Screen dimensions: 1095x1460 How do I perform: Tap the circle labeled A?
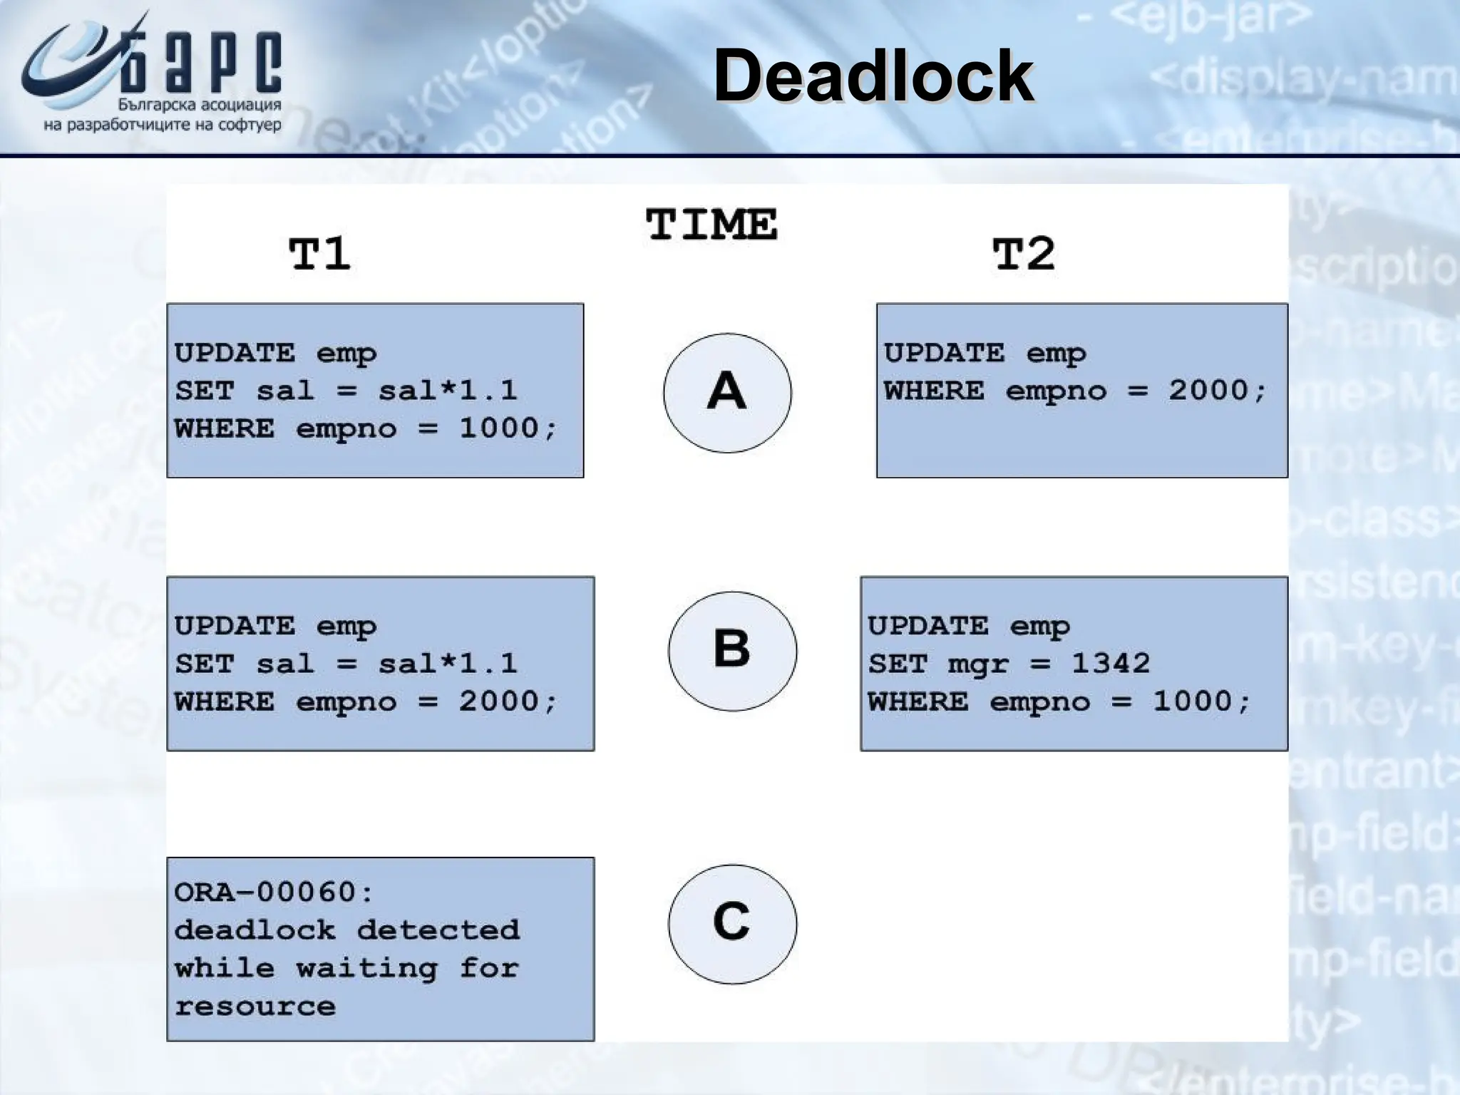727,392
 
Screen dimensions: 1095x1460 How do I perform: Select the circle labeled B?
732,650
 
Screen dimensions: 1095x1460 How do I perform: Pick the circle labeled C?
732,923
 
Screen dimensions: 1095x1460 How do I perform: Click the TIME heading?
711,225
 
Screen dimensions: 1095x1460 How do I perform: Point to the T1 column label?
319,254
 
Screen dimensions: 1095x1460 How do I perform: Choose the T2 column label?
1023,254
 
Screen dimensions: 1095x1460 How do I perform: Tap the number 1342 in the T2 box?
1111,664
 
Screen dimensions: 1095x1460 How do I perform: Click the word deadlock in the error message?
255,930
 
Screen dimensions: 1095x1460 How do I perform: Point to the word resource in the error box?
255,1006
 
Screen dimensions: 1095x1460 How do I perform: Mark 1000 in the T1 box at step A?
499,428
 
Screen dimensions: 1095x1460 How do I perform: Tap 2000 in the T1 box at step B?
499,701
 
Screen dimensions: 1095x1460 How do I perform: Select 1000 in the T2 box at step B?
1193,701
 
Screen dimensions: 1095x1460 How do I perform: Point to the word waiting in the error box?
366,968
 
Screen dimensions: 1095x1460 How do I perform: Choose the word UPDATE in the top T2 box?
944,353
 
